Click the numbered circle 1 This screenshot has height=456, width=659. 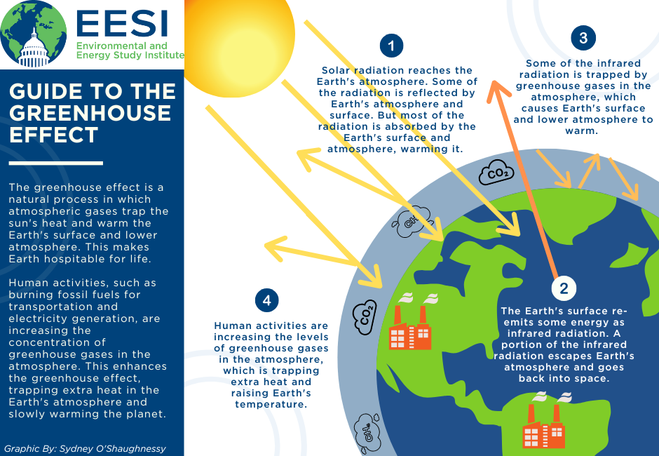(x=391, y=46)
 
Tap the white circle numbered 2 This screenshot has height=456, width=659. (x=564, y=288)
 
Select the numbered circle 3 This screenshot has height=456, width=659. (x=583, y=38)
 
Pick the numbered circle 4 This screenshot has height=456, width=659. (x=266, y=300)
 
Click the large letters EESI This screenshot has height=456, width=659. (x=122, y=24)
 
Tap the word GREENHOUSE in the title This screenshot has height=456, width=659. (x=90, y=113)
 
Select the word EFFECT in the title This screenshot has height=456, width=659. (x=54, y=135)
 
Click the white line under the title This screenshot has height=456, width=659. (x=56, y=163)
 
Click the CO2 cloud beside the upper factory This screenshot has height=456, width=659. (x=365, y=317)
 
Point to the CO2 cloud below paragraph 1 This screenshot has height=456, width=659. (x=496, y=172)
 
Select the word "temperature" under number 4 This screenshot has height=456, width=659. (x=271, y=404)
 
